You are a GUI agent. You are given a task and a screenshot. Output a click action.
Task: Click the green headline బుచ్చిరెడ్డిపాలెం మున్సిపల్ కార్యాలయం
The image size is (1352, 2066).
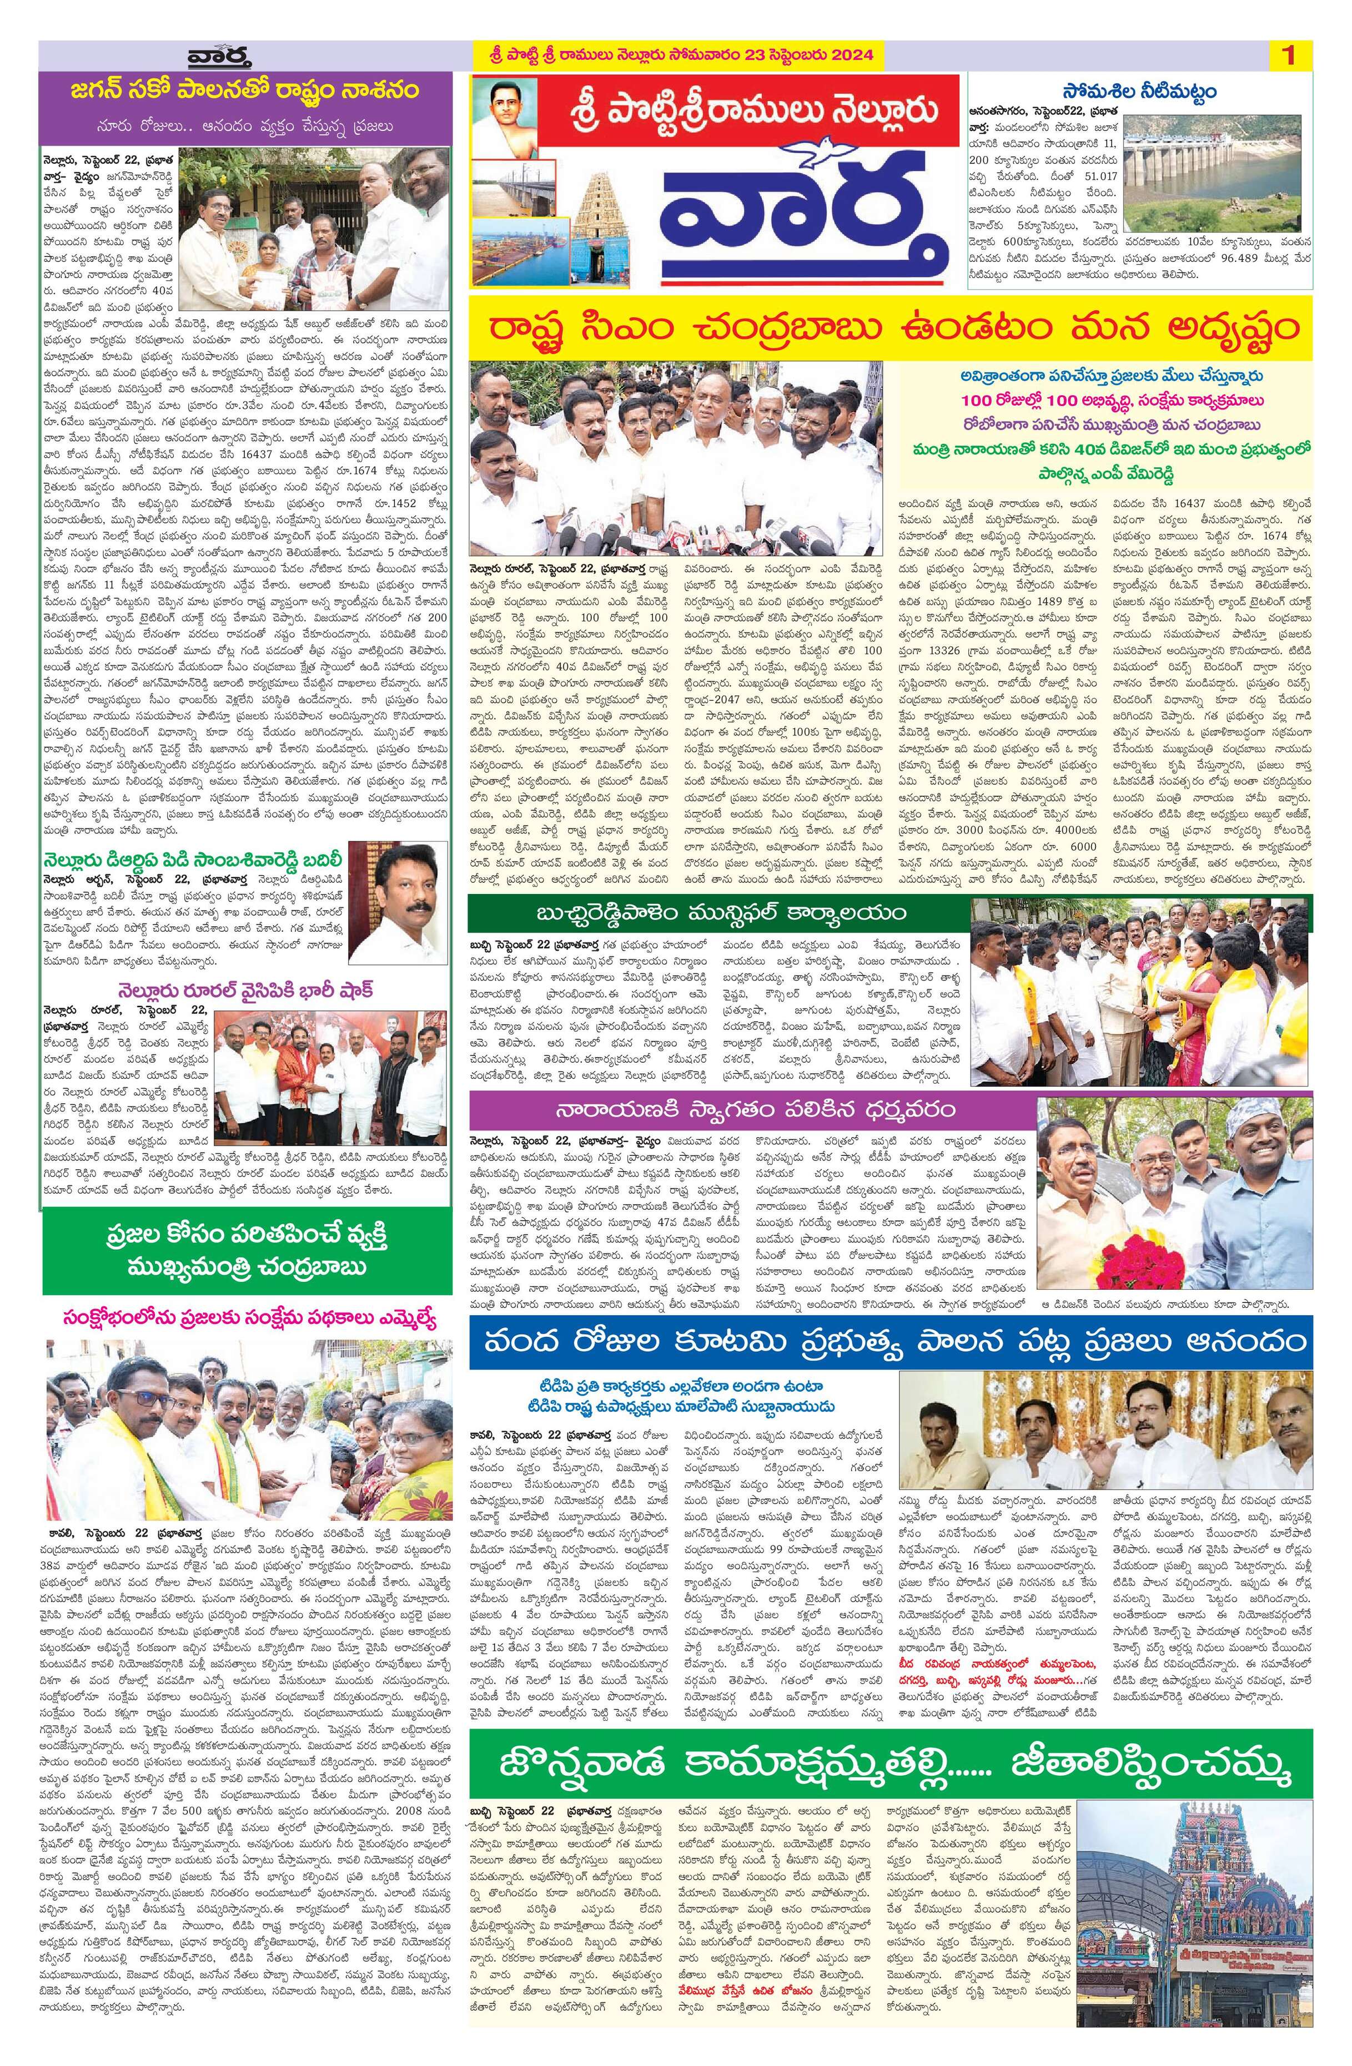pyautogui.click(x=715, y=914)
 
